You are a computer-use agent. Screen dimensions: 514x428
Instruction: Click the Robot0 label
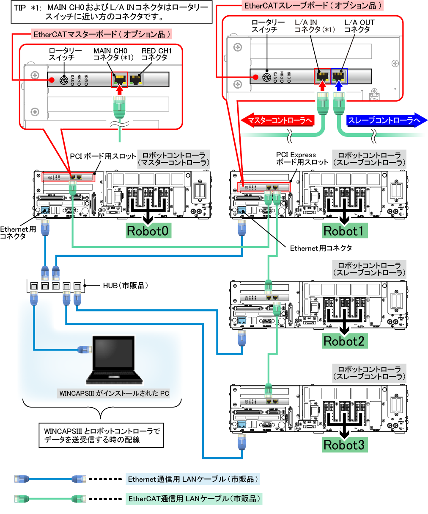click(148, 231)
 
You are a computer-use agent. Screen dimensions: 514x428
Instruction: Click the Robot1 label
click(343, 231)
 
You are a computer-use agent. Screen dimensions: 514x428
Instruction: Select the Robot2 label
click(343, 341)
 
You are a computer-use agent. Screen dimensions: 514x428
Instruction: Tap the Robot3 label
click(343, 445)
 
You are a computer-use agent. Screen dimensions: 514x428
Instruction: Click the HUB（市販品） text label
click(126, 286)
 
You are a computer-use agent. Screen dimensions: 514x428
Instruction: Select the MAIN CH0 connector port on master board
click(119, 79)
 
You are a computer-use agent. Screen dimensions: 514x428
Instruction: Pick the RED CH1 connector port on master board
click(135, 79)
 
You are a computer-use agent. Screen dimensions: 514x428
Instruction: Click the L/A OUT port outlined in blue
click(339, 76)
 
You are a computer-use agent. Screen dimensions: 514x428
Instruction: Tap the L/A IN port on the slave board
click(322, 76)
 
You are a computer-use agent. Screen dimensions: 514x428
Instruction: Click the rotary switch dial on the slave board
click(267, 77)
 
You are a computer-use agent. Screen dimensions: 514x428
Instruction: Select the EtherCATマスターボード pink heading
click(102, 34)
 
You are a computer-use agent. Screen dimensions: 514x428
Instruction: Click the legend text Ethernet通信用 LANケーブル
click(192, 479)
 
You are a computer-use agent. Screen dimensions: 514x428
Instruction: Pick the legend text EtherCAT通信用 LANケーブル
click(195, 499)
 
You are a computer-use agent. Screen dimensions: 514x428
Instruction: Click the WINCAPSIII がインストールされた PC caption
click(114, 393)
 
